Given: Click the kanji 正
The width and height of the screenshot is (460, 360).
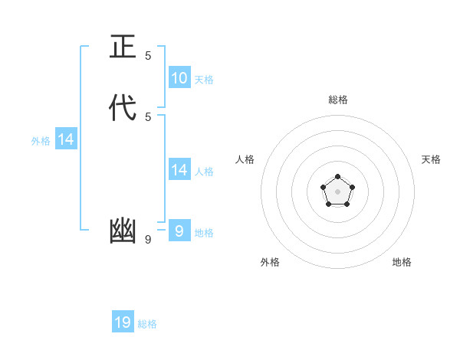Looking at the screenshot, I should coord(123,47).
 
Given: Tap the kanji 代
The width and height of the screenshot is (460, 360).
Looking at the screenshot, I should coord(123,109).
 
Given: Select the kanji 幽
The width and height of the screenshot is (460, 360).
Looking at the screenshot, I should coord(123,231).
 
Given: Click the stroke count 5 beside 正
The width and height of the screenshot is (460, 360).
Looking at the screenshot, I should coord(148,56).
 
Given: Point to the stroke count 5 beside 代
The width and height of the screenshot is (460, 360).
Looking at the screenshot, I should coord(148,117).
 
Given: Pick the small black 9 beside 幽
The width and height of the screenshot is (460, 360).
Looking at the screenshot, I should coord(148,240).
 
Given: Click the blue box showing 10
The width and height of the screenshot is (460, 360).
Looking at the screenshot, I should coord(179,77).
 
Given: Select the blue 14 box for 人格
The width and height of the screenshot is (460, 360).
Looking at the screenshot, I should coord(179,169).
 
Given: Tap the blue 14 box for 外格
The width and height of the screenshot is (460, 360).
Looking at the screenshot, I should coord(66,139).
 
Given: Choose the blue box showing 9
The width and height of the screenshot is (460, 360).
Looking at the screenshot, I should coord(179,231).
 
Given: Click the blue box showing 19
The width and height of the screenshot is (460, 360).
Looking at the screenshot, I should coord(123,322).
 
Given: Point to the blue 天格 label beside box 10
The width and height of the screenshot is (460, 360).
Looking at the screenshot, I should coord(204,80).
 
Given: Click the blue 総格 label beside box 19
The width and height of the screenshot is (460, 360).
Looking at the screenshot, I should coord(147,325).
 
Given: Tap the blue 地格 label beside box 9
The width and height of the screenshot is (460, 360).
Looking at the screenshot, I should coord(204,233).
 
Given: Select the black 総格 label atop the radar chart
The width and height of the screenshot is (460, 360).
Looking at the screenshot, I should coord(338,100).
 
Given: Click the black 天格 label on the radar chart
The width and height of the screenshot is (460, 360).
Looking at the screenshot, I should coord(431,159).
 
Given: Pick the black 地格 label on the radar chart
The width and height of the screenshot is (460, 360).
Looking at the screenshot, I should coord(402,262).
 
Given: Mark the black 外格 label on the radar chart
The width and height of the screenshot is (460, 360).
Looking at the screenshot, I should coord(270,262).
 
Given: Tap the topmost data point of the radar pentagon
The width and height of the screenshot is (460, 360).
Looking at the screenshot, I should coord(337,177).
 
